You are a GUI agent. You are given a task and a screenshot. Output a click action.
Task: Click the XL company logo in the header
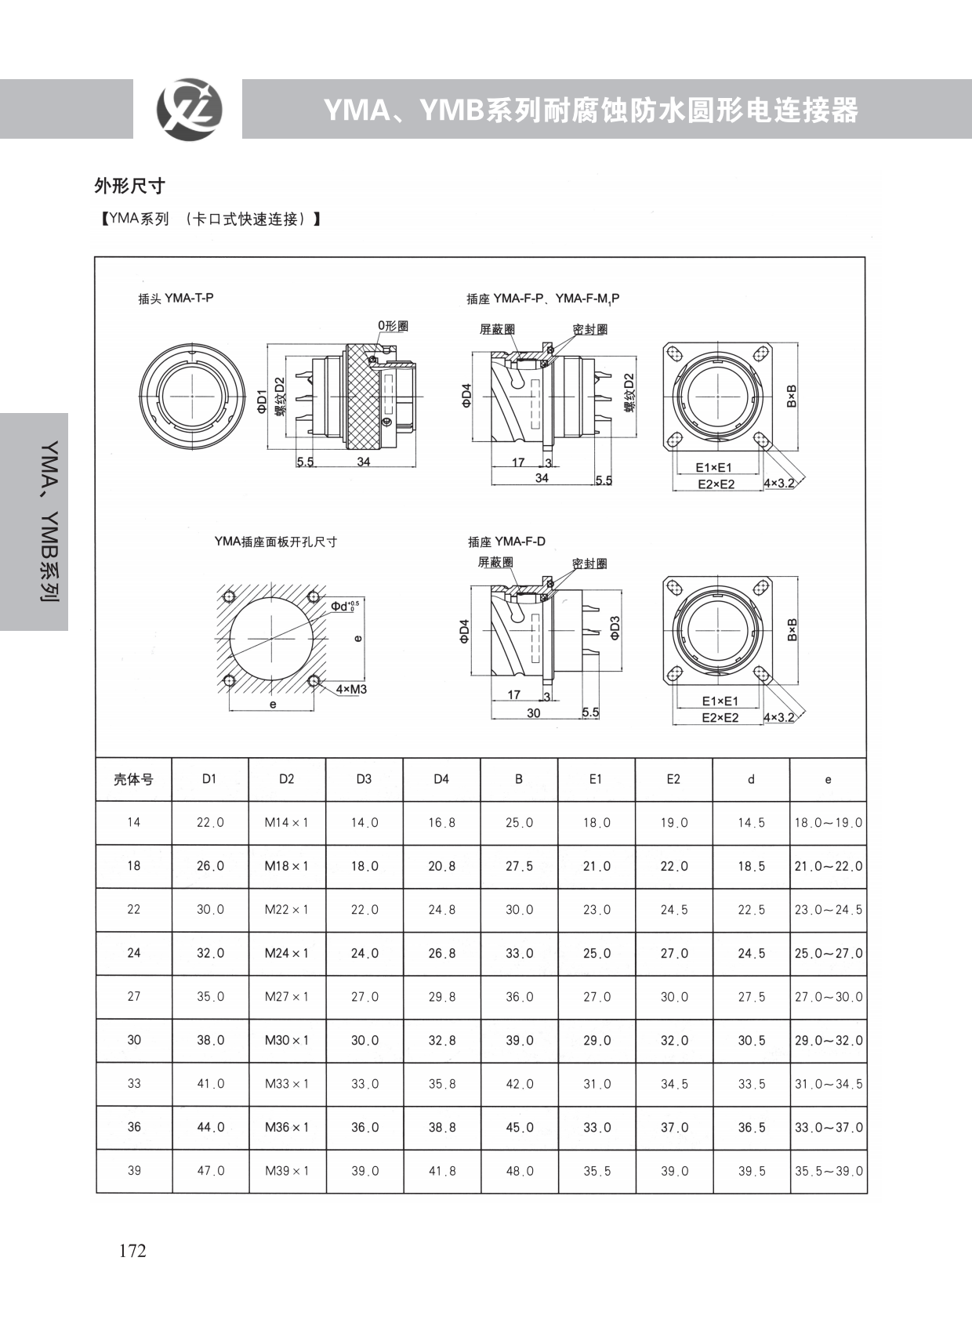point(189,110)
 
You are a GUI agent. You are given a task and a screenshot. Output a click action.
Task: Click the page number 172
point(132,1251)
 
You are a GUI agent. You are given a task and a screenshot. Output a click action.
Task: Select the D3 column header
point(364,779)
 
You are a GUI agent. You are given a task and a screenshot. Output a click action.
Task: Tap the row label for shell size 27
point(134,996)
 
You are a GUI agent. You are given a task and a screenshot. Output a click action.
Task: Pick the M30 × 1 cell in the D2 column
point(286,1040)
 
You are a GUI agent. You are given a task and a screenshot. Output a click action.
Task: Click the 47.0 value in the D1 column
point(211,1171)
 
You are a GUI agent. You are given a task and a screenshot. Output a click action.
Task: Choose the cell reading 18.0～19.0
point(829,823)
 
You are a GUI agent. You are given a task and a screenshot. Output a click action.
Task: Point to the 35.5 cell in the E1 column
point(597,1171)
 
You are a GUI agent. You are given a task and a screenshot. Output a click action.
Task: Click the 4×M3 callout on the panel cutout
point(351,689)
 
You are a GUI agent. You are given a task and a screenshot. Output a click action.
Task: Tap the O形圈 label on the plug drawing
point(393,325)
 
